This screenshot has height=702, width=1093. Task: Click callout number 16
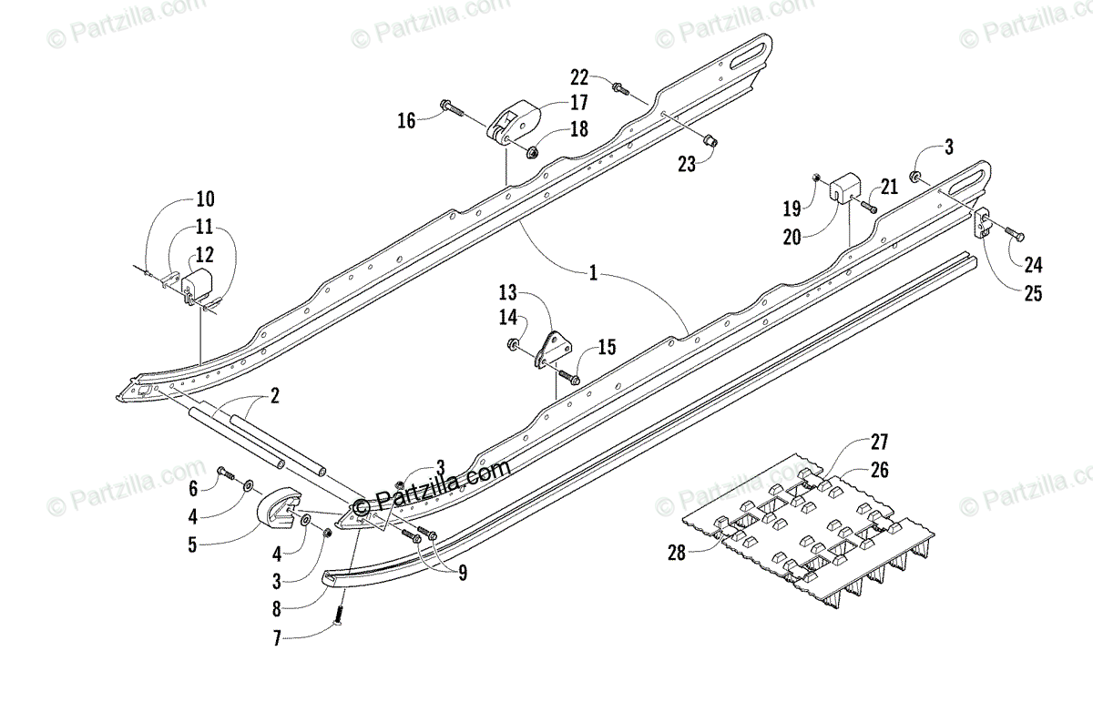[406, 119]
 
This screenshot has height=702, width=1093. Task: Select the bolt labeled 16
[450, 107]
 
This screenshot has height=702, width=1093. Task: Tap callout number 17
[579, 103]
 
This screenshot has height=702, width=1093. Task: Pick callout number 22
[580, 76]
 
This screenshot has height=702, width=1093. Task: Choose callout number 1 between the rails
[593, 272]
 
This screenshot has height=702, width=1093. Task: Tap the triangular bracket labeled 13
[550, 350]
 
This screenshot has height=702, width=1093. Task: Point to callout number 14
[507, 318]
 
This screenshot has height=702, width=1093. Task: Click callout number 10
[205, 198]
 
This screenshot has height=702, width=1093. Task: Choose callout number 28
[676, 551]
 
